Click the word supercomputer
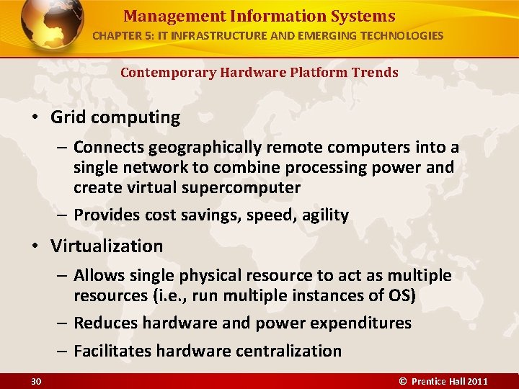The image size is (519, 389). [245, 188]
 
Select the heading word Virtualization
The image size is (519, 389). [107, 246]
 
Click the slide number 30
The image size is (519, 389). [35, 381]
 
